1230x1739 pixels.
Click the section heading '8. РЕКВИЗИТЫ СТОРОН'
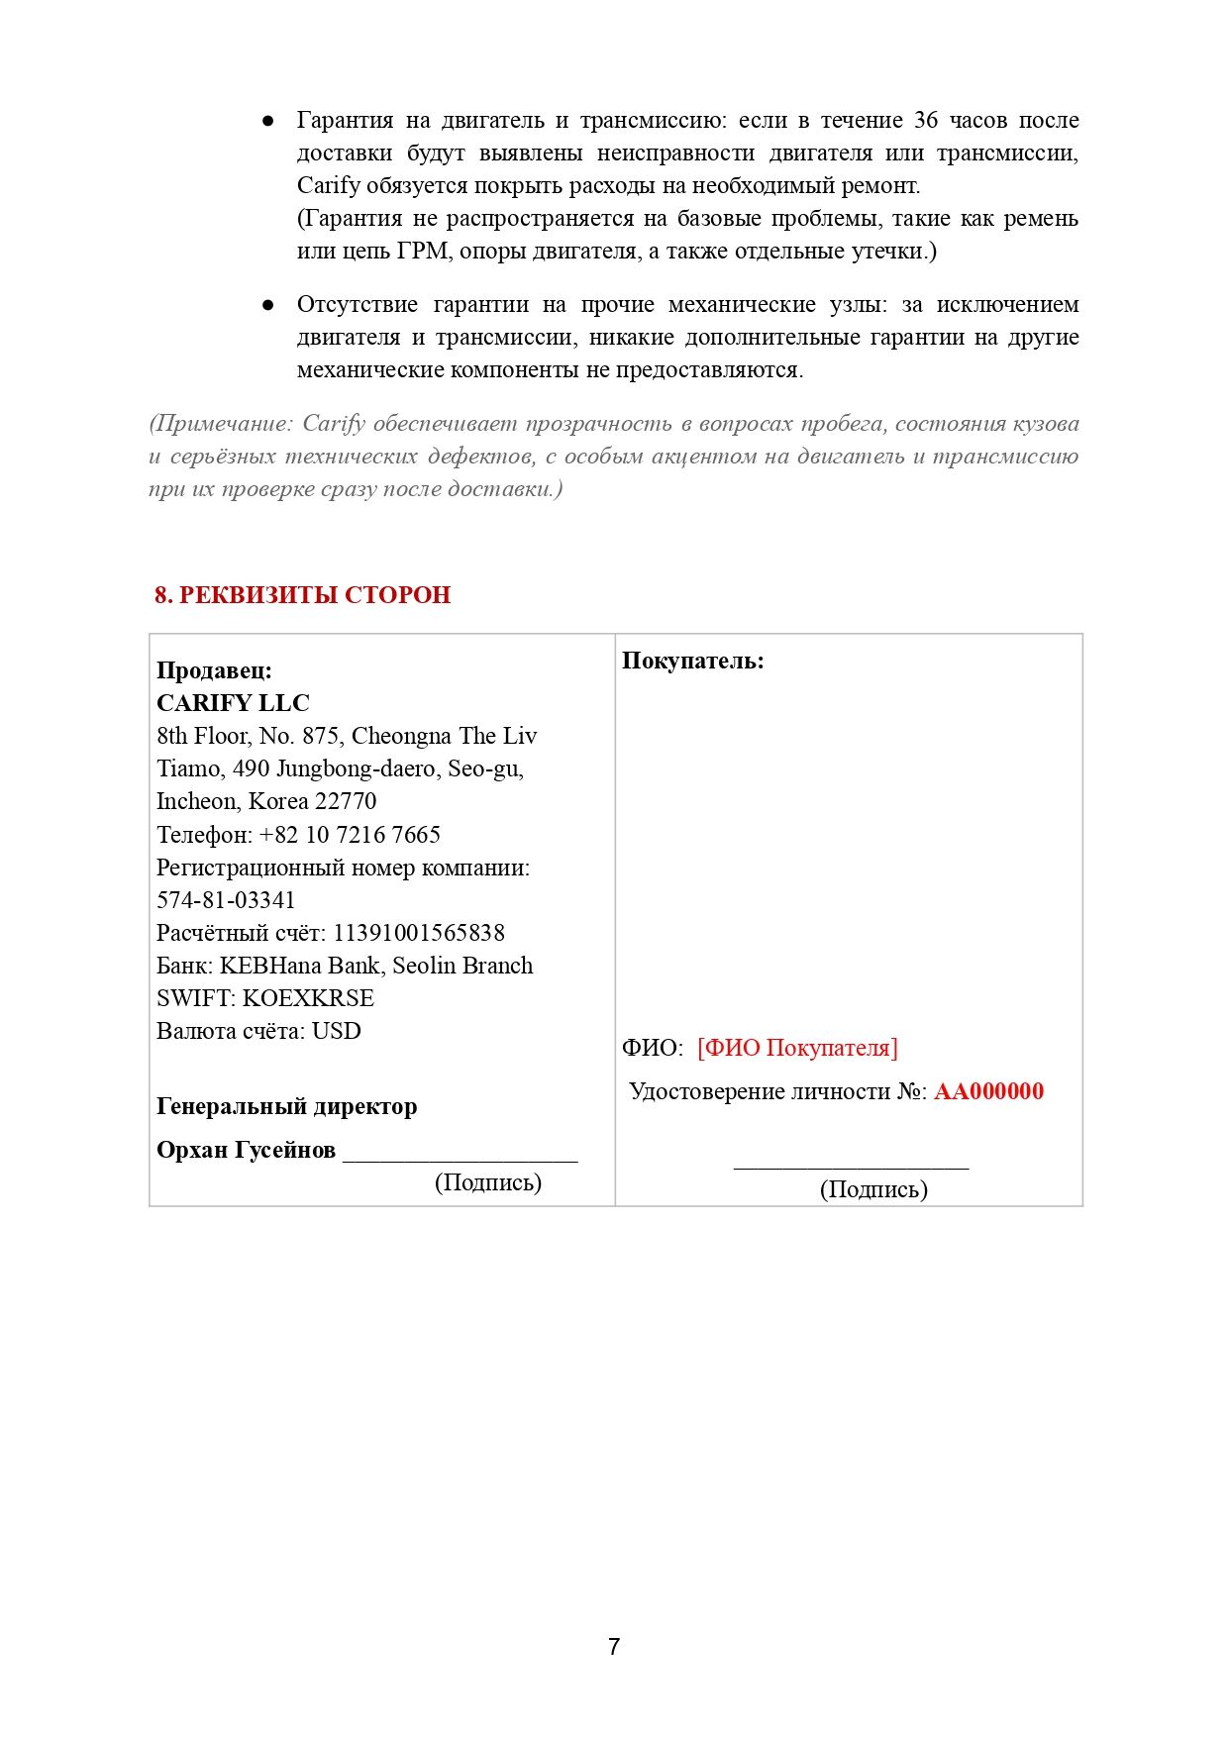(302, 595)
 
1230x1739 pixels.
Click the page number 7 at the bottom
(614, 1646)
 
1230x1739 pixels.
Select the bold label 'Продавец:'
(214, 670)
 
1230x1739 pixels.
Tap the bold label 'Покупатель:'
(692, 661)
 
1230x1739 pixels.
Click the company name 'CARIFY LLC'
(233, 703)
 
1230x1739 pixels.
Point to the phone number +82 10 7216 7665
(350, 835)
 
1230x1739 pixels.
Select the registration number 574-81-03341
(226, 900)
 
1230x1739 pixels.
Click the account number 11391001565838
(418, 933)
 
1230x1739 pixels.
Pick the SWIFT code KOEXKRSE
(308, 998)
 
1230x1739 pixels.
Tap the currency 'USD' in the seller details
(336, 1031)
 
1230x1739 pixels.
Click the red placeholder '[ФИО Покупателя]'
(797, 1048)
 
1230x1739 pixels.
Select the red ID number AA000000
(988, 1091)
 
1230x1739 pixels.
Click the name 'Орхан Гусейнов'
(246, 1150)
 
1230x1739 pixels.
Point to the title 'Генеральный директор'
(286, 1106)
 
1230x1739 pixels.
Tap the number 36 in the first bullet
(925, 120)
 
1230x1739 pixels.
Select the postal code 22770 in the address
(346, 801)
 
